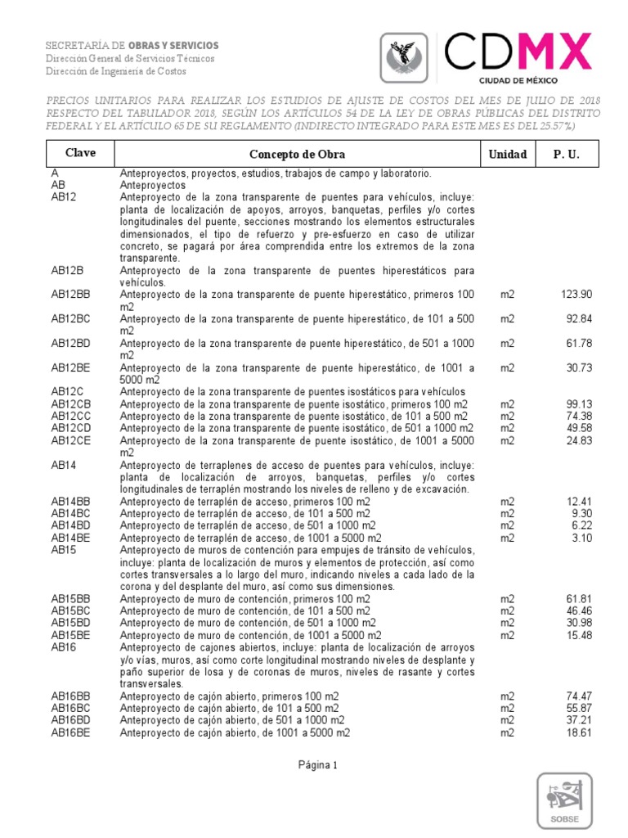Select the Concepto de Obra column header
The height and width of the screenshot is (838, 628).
coord(297,154)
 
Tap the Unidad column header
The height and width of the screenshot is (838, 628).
coord(508,154)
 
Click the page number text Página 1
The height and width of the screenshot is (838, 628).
coord(313,765)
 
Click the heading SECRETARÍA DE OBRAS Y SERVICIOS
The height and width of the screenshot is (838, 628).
coord(132,45)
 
